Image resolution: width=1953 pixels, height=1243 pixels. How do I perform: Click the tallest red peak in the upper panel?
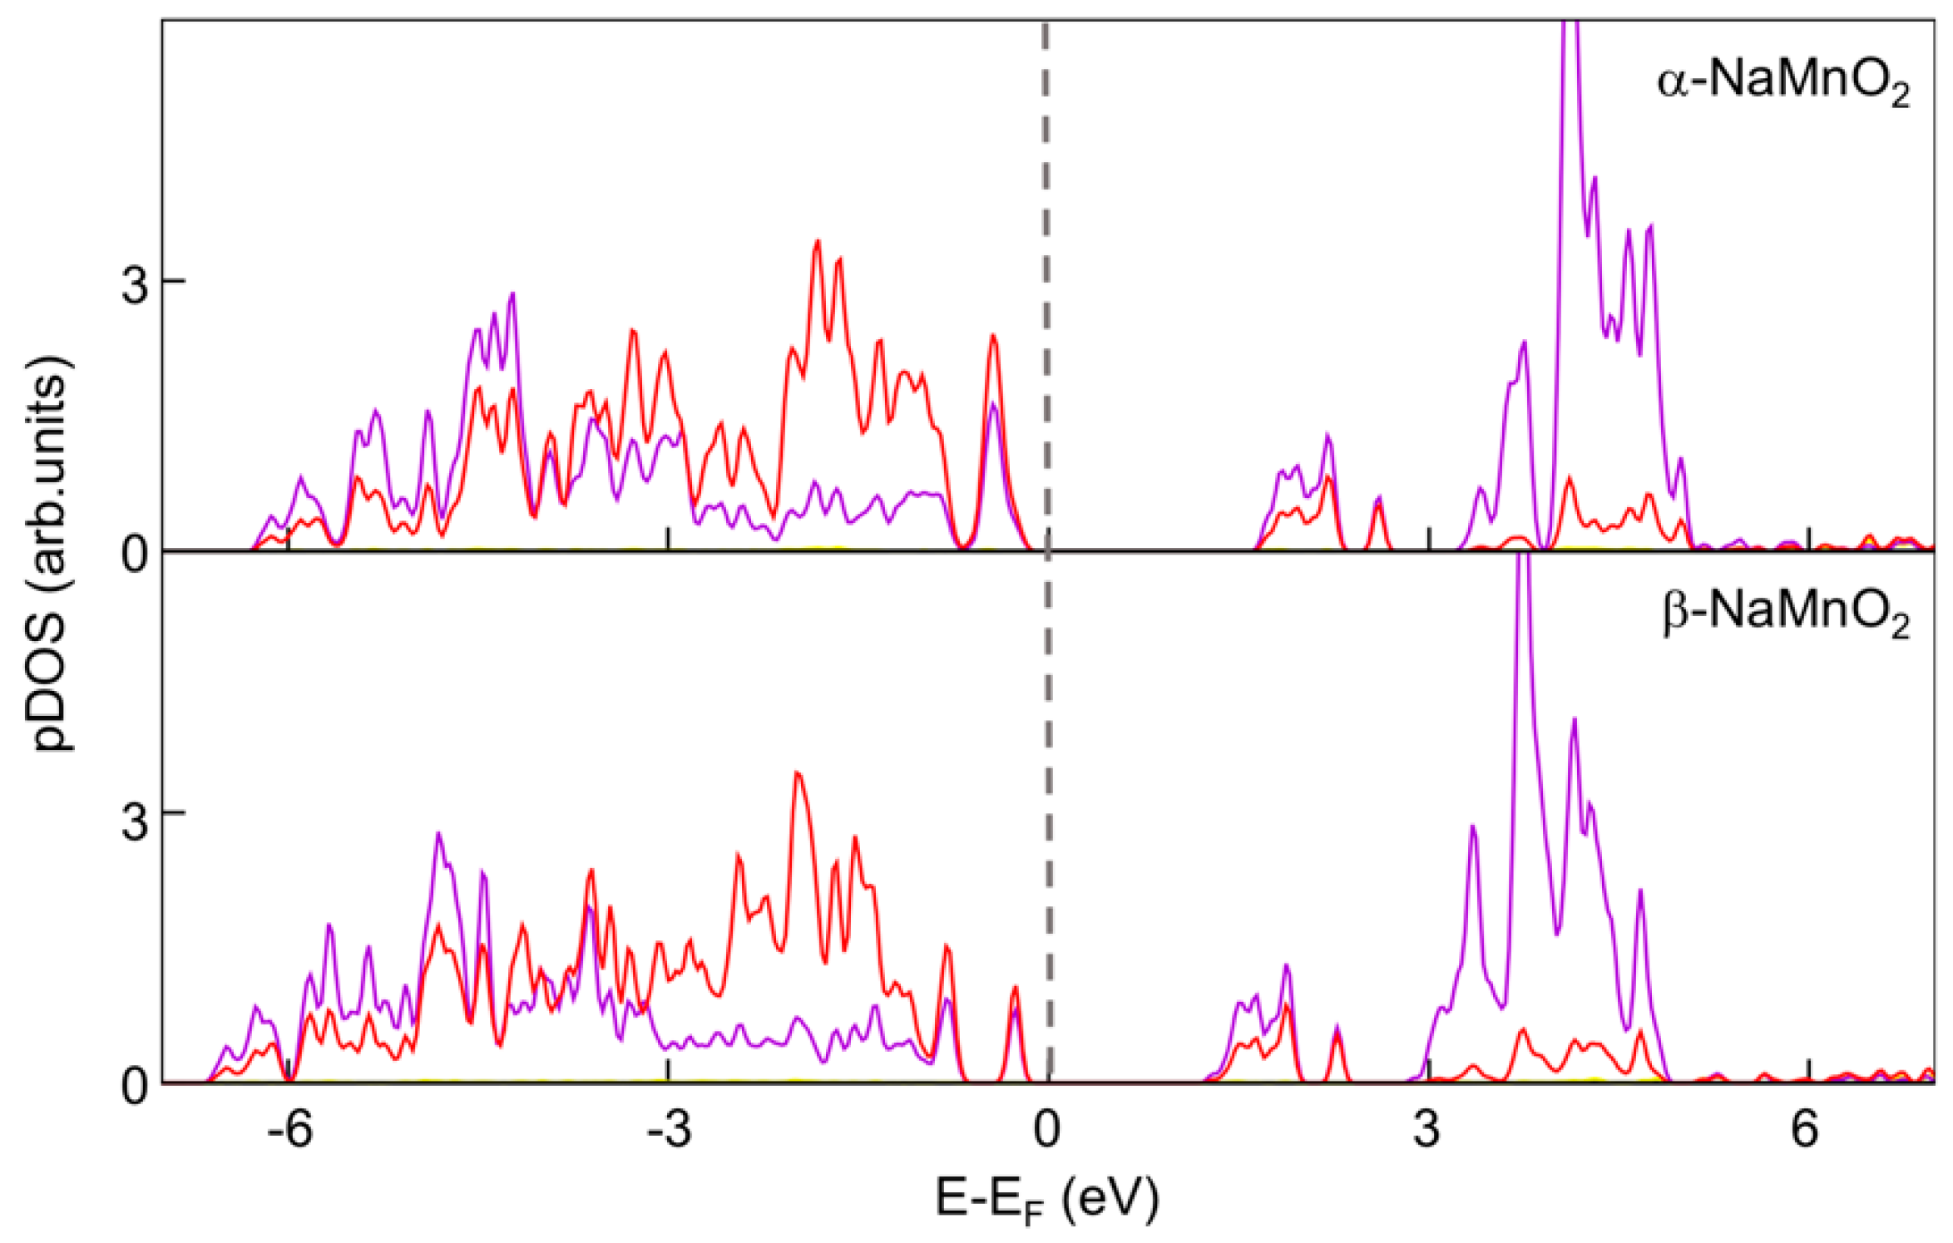818,243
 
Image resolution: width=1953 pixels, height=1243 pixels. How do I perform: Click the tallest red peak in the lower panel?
798,774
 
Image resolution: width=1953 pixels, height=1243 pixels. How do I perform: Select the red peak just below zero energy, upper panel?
992,337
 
